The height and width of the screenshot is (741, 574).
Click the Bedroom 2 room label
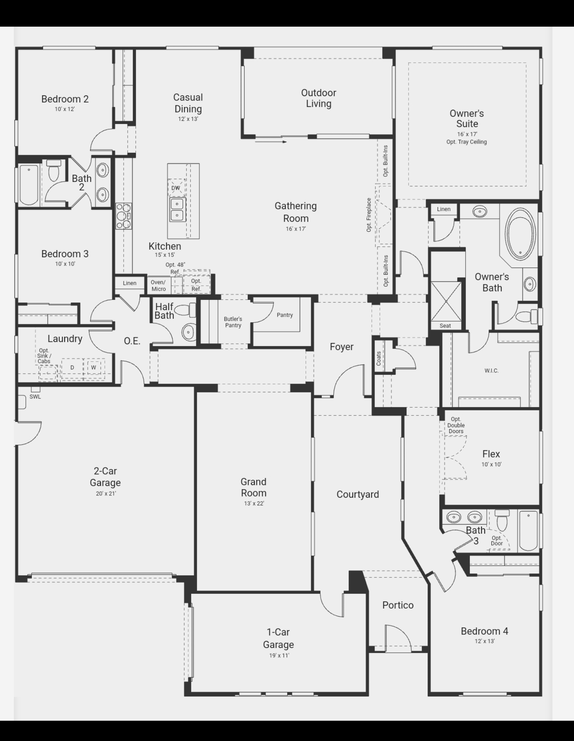[x=65, y=99]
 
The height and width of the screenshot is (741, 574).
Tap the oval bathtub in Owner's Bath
[x=520, y=232]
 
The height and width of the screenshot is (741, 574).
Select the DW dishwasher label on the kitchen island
[x=176, y=188]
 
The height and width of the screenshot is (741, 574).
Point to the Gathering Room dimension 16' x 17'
[x=296, y=229]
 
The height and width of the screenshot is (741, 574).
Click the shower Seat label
[x=445, y=326]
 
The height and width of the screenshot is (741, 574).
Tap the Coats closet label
[x=379, y=358]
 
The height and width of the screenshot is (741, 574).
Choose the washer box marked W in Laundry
[x=94, y=367]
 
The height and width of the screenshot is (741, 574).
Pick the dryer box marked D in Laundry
[x=72, y=367]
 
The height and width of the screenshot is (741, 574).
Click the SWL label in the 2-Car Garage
[x=35, y=397]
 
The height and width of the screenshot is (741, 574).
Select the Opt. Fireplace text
[x=369, y=215]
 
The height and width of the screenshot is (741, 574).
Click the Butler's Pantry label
[x=233, y=322]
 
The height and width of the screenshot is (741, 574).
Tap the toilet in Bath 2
[x=53, y=171]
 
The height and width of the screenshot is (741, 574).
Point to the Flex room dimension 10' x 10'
[x=491, y=464]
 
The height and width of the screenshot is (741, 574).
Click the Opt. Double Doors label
[x=456, y=425]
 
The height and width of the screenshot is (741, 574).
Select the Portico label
[x=398, y=605]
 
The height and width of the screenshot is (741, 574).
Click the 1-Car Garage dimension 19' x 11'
[x=279, y=655]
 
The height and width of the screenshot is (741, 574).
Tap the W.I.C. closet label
[x=491, y=370]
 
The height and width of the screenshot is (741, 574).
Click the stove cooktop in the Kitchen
[x=124, y=216]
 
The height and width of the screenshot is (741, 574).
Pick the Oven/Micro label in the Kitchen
[x=158, y=286]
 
